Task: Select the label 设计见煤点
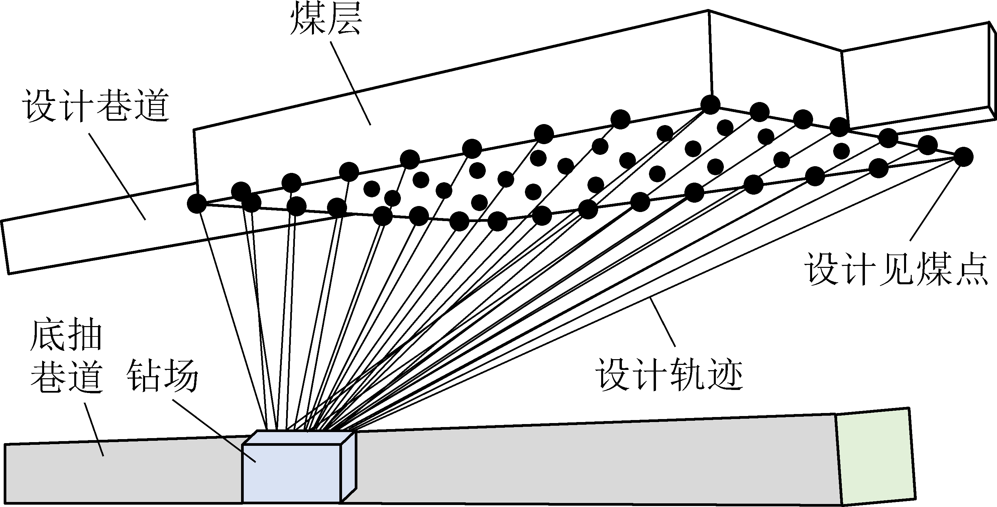point(897,269)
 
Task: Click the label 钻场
point(162,374)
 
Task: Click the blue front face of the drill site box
point(291,473)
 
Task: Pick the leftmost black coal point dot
point(197,203)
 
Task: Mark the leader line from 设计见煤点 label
point(935,201)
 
